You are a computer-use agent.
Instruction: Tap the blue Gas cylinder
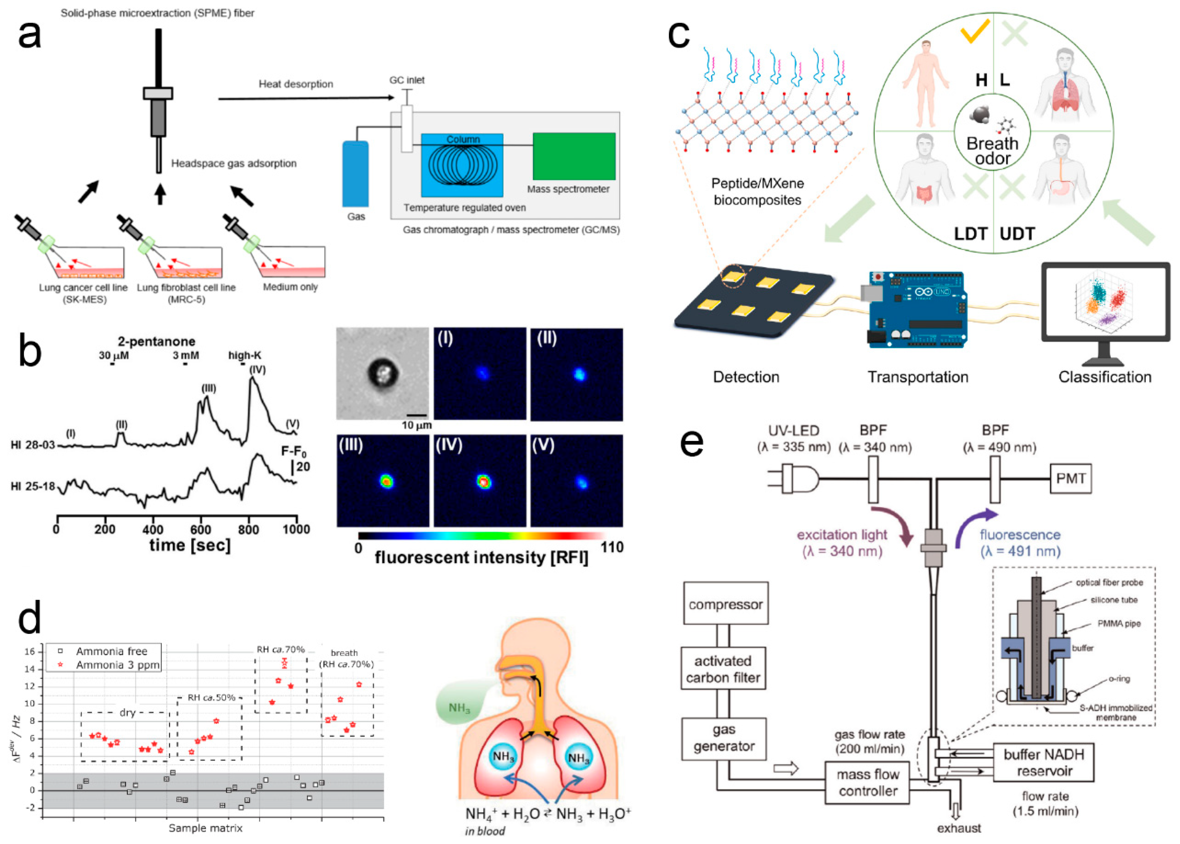(355, 174)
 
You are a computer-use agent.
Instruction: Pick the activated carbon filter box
(723, 668)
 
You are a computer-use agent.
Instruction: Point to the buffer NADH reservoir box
(1043, 762)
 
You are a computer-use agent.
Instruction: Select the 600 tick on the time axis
(201, 529)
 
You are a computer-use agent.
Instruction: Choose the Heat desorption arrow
(307, 98)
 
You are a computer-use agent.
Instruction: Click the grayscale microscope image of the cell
(383, 373)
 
